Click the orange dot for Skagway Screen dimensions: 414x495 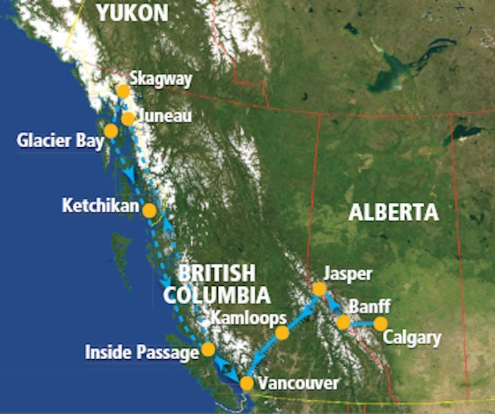(x=122, y=91)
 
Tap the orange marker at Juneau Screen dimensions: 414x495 (x=128, y=118)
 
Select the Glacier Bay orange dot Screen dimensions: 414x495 (x=111, y=131)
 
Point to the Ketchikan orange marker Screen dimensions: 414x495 (x=149, y=211)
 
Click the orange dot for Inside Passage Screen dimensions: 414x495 (x=208, y=349)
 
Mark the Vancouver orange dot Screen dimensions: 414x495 (x=246, y=383)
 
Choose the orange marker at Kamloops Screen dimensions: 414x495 (x=282, y=333)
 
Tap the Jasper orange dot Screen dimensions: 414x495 (x=319, y=289)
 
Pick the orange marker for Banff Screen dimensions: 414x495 (x=343, y=322)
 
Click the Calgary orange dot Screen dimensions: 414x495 (x=380, y=324)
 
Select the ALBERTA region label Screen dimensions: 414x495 (x=393, y=213)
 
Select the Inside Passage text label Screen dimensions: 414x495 (x=141, y=353)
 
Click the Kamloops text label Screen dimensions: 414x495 (x=249, y=318)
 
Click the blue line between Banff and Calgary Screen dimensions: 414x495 (x=362, y=324)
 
